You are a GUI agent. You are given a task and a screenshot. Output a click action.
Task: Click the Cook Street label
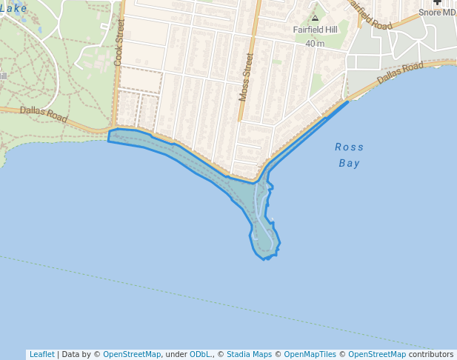(120, 43)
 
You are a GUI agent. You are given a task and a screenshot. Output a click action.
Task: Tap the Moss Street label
(246, 76)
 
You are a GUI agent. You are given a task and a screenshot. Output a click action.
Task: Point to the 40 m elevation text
(315, 44)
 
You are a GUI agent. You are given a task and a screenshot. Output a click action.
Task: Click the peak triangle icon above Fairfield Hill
(315, 18)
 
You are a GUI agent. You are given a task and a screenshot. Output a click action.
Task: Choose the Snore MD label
(437, 13)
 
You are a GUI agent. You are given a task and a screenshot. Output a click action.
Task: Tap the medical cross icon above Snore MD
(436, 2)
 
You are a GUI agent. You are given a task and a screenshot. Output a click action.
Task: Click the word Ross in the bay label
(349, 147)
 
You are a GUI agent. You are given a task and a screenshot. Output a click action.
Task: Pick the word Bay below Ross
(349, 163)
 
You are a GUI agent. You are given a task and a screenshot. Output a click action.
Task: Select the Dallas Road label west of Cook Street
(44, 114)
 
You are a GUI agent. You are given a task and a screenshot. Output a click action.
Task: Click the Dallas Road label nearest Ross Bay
(400, 73)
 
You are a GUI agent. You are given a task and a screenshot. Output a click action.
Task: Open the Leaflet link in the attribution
(41, 354)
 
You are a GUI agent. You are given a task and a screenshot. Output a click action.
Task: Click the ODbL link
(201, 354)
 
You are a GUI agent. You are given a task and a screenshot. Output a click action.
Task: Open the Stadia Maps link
(249, 354)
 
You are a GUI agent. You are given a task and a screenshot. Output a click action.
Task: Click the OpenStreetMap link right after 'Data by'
(132, 354)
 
